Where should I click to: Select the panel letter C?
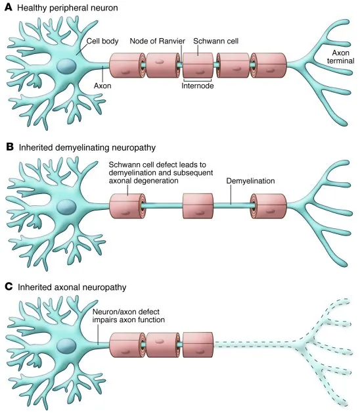(x=9, y=287)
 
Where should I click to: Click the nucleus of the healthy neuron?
(x=65, y=65)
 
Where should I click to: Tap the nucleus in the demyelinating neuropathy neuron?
(x=65, y=206)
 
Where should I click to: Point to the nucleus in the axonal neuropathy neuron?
(x=65, y=346)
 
